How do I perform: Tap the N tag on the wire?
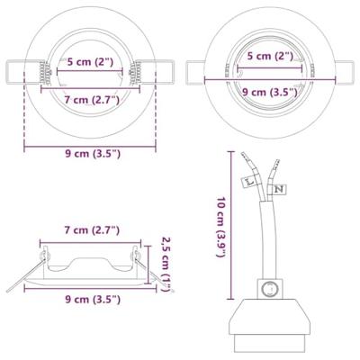279,190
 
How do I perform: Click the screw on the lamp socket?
266,291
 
